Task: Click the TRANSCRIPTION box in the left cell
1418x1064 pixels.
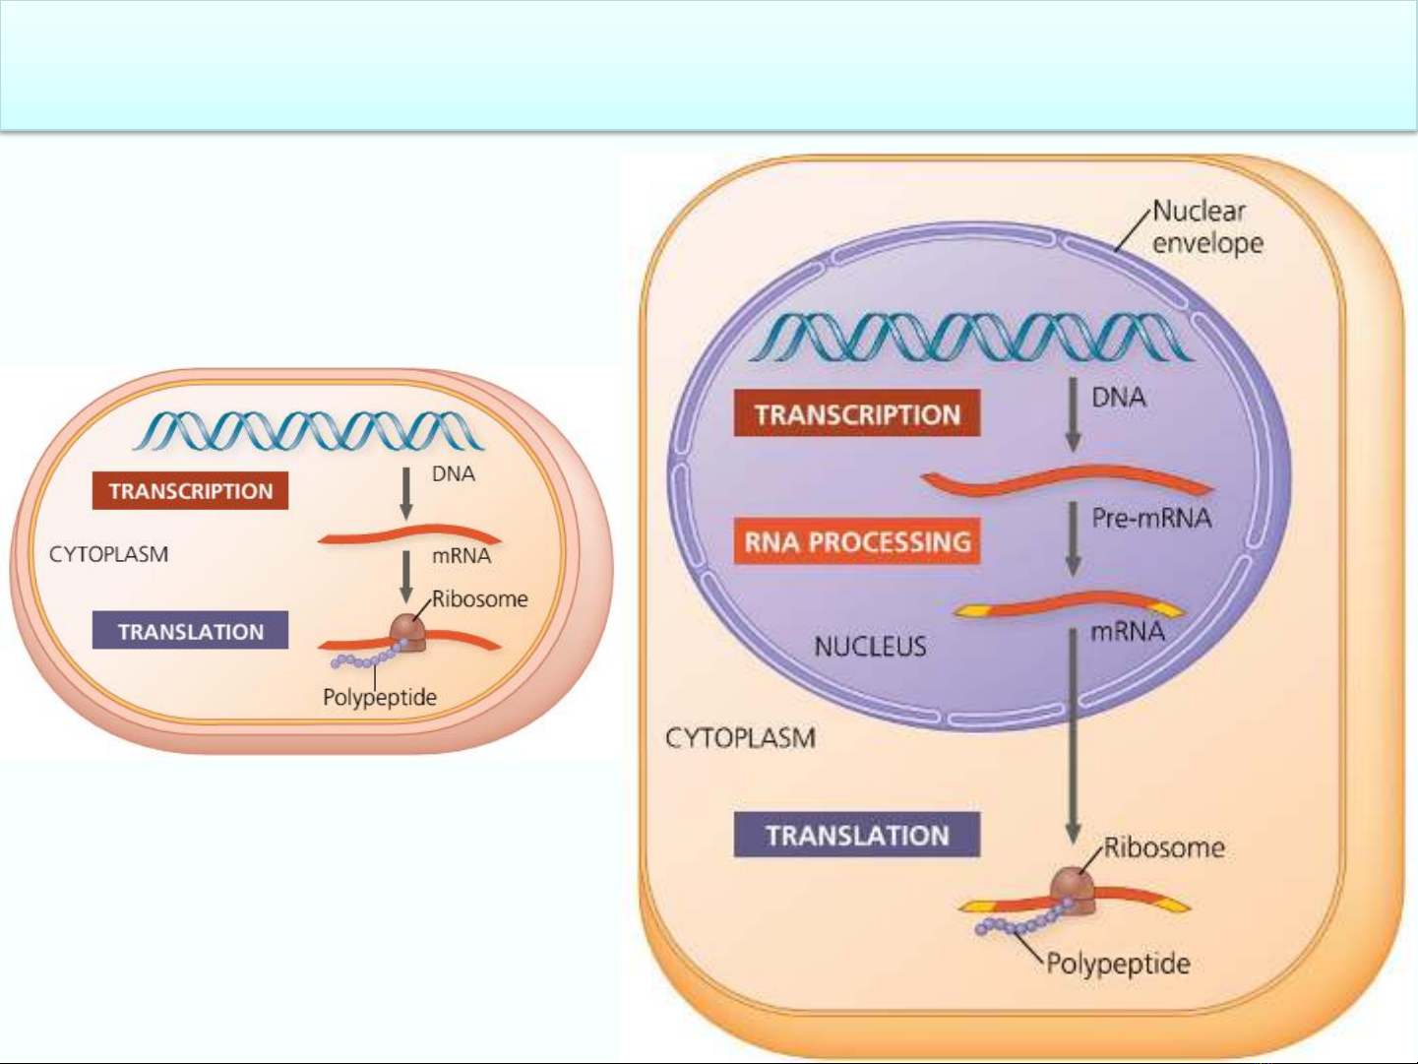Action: pos(190,491)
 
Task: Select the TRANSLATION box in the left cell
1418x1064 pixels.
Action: pos(190,631)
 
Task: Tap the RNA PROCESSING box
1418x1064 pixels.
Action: pos(857,541)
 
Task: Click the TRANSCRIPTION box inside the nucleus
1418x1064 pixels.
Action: pos(857,413)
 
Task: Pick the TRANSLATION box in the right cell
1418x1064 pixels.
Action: pos(857,835)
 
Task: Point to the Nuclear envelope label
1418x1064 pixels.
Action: pos(1207,227)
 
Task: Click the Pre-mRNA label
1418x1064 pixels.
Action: pos(1151,518)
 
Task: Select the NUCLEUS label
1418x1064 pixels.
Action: pos(870,646)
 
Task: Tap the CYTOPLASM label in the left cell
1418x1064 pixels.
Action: pos(108,554)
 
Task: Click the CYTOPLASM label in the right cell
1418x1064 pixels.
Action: pos(740,738)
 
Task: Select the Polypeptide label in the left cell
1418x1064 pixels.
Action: pos(380,697)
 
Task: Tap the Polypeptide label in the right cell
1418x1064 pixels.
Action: pos(1118,964)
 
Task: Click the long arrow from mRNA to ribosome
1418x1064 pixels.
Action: pos(1073,736)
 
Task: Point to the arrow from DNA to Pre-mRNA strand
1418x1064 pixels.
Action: pos(1073,414)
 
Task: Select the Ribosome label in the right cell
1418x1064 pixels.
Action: pos(1164,847)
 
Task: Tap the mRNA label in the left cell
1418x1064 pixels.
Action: pos(462,555)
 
